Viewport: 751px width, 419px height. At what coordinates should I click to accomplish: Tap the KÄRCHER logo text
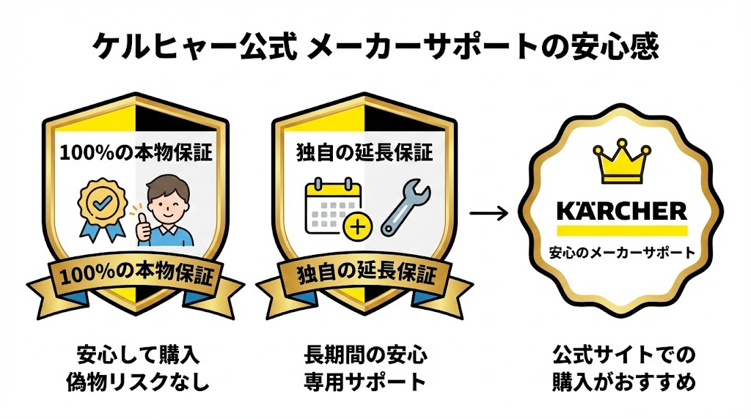(623, 212)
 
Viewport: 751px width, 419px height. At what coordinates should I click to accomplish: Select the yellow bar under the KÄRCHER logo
(623, 230)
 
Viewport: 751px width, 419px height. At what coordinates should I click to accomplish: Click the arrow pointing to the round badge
(488, 214)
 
